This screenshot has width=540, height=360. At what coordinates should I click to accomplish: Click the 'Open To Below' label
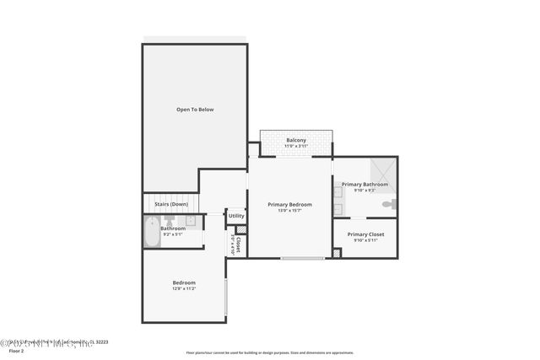tap(194, 110)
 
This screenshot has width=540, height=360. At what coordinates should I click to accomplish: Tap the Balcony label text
tap(295, 140)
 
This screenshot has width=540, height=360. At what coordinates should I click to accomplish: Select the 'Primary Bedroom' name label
tap(289, 204)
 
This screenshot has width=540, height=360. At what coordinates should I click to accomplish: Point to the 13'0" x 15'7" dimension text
tap(289, 211)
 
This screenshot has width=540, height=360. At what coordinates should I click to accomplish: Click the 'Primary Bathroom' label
tap(364, 184)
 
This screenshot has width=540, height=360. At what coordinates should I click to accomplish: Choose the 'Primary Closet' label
tap(365, 234)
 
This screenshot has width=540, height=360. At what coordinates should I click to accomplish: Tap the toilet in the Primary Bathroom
tap(387, 205)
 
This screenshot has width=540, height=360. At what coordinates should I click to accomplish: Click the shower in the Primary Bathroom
tap(382, 169)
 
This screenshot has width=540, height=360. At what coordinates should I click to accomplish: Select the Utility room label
tap(236, 216)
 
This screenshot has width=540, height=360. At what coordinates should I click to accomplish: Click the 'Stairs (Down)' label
tap(171, 204)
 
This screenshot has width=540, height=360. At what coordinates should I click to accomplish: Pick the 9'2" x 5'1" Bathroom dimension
tap(173, 234)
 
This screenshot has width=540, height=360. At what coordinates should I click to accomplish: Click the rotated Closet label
tap(238, 244)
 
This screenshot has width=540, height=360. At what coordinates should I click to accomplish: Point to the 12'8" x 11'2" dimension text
tap(184, 289)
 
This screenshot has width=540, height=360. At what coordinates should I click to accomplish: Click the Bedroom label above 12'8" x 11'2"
tap(184, 282)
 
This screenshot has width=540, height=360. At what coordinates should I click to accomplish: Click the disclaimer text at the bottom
tap(270, 352)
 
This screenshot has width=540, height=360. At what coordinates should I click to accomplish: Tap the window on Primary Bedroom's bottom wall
tap(302, 258)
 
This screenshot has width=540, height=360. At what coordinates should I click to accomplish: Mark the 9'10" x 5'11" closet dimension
tap(365, 240)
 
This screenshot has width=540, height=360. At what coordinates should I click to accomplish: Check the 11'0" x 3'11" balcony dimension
tap(295, 147)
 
